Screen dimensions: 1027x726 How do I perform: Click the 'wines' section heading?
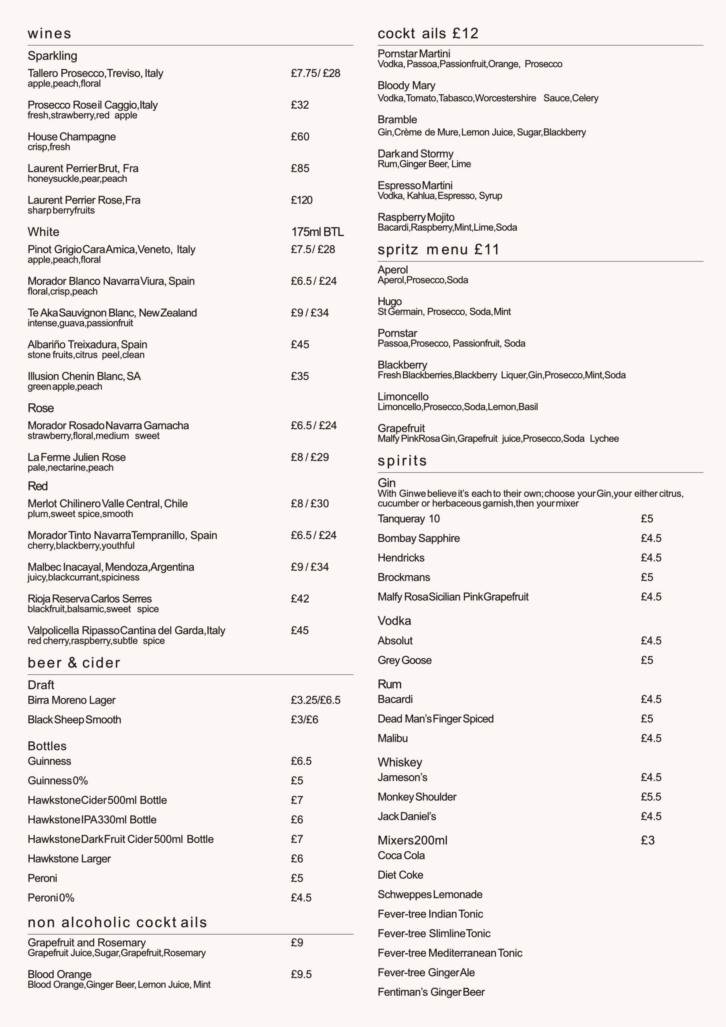pyautogui.click(x=49, y=34)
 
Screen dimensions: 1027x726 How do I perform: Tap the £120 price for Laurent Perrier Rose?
pyautogui.click(x=301, y=200)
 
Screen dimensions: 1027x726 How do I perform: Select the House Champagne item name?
pyautogui.click(x=71, y=136)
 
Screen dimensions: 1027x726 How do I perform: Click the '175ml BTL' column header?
pyautogui.click(x=317, y=232)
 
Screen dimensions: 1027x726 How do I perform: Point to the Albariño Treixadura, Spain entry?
pyautogui.click(x=87, y=345)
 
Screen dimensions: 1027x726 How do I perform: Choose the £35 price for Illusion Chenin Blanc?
pyautogui.click(x=299, y=376)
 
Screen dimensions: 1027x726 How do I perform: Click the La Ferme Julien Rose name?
pyautogui.click(x=77, y=457)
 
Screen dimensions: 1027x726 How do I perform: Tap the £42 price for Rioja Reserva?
pyautogui.click(x=299, y=599)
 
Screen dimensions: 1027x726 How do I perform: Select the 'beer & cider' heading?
pyautogui.click(x=74, y=662)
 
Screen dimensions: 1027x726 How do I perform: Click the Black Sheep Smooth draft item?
pyautogui.click(x=74, y=719)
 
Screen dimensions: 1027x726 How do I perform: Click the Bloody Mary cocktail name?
pyautogui.click(x=406, y=85)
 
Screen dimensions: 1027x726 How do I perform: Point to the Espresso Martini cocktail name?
pyautogui.click(x=415, y=185)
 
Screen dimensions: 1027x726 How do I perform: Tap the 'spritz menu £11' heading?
pyautogui.click(x=438, y=249)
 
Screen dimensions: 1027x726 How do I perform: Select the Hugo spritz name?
pyautogui.click(x=389, y=301)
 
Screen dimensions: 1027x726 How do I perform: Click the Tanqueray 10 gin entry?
pyautogui.click(x=408, y=518)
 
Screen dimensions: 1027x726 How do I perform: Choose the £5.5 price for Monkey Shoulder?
pyautogui.click(x=651, y=797)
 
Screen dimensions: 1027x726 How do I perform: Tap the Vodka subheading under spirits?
pyautogui.click(x=394, y=621)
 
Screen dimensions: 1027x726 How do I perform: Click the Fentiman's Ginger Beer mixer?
pyautogui.click(x=431, y=992)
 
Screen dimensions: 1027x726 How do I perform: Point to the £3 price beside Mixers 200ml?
pyautogui.click(x=647, y=840)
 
